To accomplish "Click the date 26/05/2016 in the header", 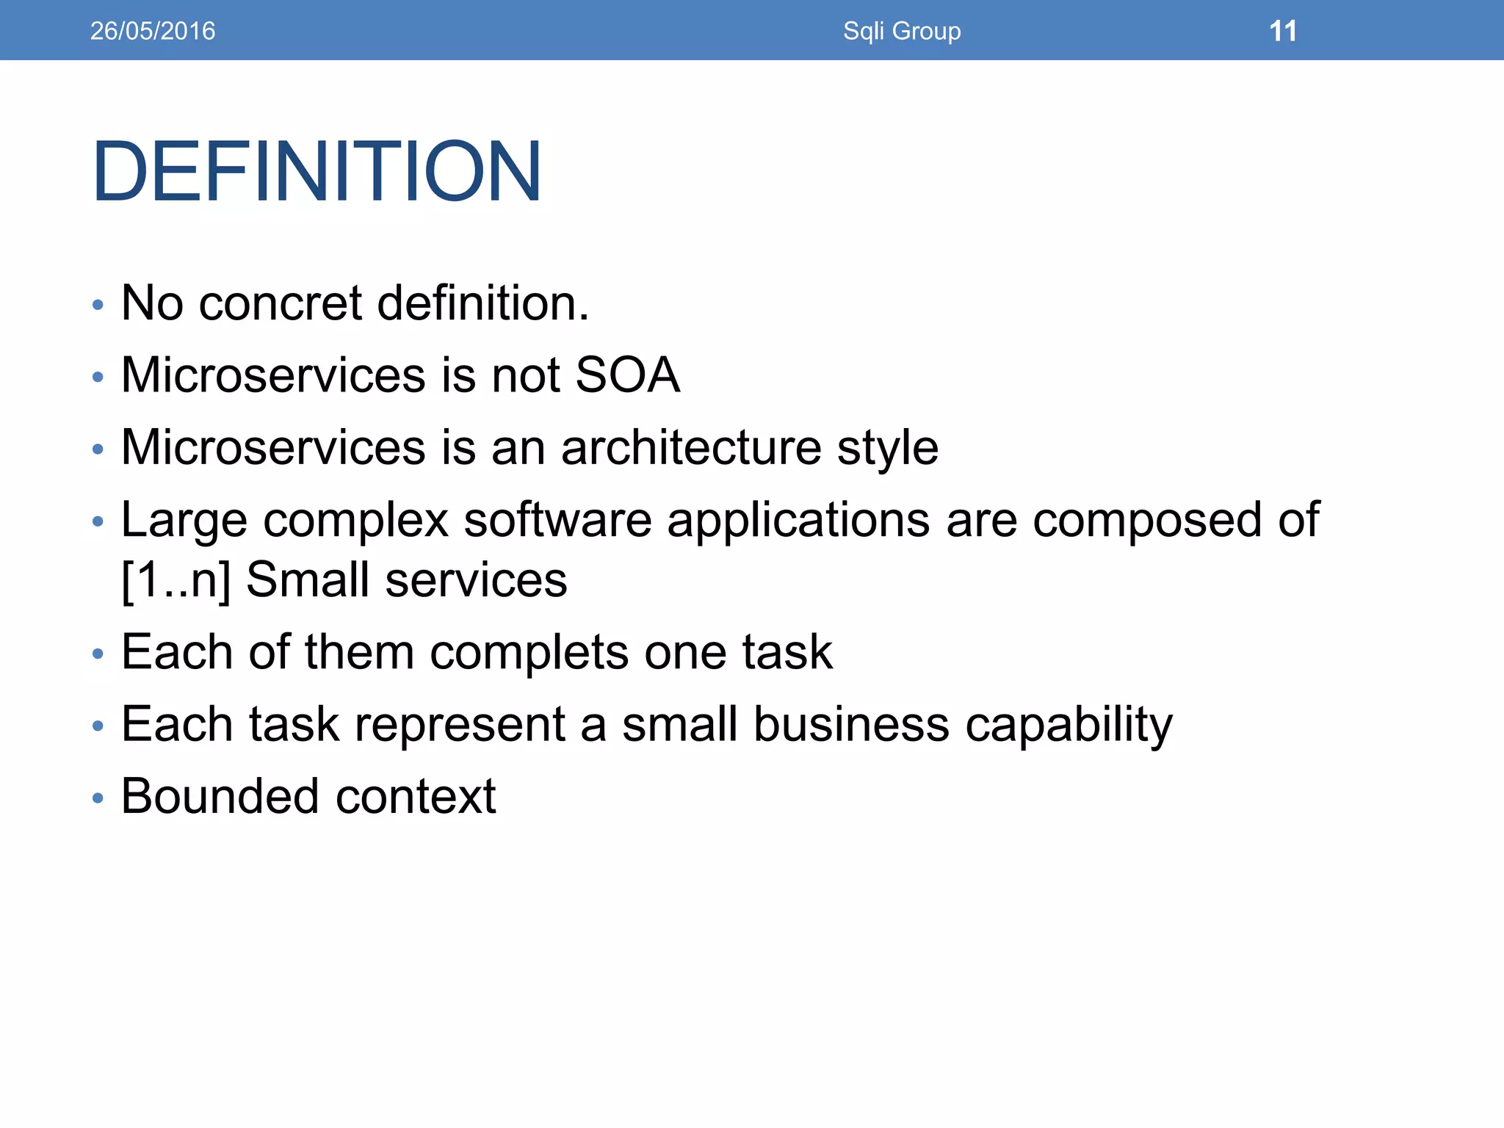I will click(152, 31).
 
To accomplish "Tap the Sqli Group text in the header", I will click(901, 31).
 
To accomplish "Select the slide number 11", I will click(1282, 31).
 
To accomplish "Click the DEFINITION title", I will click(317, 171).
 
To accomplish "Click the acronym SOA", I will click(627, 375).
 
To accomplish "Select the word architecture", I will click(691, 448).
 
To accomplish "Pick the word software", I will click(557, 520).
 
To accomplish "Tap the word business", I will click(851, 724).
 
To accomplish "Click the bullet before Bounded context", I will click(98, 798).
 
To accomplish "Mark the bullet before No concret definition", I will click(98, 305).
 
